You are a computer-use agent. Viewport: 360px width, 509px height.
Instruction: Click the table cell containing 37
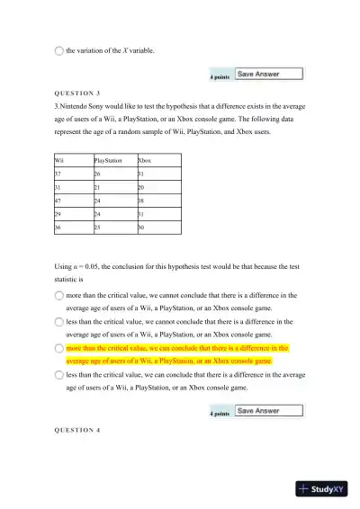pos(59,174)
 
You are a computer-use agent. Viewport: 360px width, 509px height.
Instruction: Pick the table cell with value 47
pos(59,202)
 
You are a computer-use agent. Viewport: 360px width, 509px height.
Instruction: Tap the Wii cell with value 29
pos(59,216)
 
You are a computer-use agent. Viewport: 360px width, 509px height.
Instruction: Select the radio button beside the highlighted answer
pos(59,347)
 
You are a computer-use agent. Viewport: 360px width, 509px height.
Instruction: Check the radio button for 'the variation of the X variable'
pos(59,51)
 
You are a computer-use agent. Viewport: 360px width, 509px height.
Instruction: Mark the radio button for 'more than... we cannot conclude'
pos(59,294)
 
